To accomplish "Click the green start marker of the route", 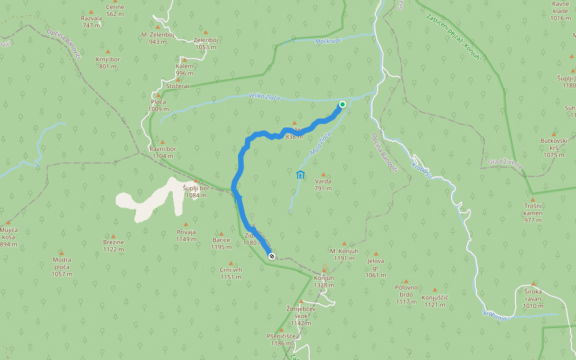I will click(x=343, y=104).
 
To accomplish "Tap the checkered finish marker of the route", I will click(x=272, y=256).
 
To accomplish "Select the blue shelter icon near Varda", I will click(x=300, y=175).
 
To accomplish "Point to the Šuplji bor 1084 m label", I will click(x=196, y=191).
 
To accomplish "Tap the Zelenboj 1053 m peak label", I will click(x=205, y=43).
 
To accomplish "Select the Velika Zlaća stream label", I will click(x=264, y=97).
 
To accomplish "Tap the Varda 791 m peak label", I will click(x=323, y=184).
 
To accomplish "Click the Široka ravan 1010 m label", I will click(x=533, y=302).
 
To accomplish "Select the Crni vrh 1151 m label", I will click(x=230, y=273).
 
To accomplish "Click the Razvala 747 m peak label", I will click(x=91, y=22).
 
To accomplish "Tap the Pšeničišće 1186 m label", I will click(x=281, y=340).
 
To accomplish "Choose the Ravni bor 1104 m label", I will click(x=163, y=152).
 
